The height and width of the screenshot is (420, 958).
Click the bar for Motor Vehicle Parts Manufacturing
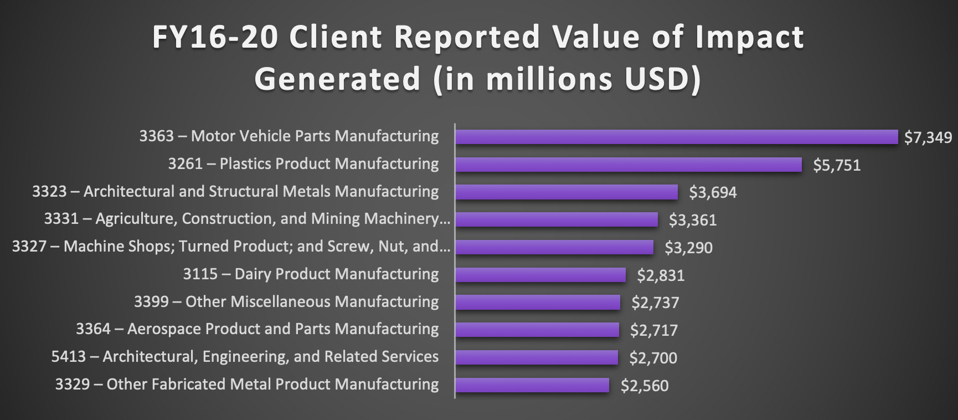(676, 137)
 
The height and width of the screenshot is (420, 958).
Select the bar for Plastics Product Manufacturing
(628, 165)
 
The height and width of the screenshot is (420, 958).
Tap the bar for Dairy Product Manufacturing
(540, 275)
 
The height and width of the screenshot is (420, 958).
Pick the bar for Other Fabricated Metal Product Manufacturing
(532, 385)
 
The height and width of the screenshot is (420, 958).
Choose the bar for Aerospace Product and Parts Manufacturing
(537, 330)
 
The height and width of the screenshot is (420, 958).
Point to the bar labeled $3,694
(566, 192)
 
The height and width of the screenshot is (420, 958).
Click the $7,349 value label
(928, 138)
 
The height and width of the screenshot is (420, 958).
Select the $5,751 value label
(836, 166)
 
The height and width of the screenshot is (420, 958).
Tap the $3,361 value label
(692, 221)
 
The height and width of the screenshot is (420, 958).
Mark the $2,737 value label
(655, 303)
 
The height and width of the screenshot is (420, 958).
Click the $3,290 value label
(688, 248)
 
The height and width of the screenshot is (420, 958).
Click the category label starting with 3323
(235, 192)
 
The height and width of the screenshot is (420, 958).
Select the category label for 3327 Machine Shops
(231, 247)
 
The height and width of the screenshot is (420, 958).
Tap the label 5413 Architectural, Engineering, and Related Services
(245, 357)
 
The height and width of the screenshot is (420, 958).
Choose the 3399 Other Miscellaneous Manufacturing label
(286, 302)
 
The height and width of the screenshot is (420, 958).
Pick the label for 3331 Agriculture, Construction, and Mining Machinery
(247, 219)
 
